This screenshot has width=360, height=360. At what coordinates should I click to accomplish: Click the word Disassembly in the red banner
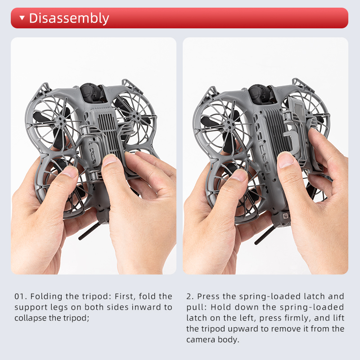[69, 18]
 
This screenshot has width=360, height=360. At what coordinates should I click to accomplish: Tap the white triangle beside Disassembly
[22, 18]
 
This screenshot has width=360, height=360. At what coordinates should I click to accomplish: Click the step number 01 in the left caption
[19, 297]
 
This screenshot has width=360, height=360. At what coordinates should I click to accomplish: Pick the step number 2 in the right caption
[189, 297]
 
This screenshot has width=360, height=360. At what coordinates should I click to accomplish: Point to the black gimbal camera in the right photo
[261, 94]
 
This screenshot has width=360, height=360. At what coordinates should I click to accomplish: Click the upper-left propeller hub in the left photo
[61, 120]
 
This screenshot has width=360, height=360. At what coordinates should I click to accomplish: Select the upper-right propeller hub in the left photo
[138, 119]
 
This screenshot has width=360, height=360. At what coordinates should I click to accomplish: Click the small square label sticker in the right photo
[285, 216]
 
